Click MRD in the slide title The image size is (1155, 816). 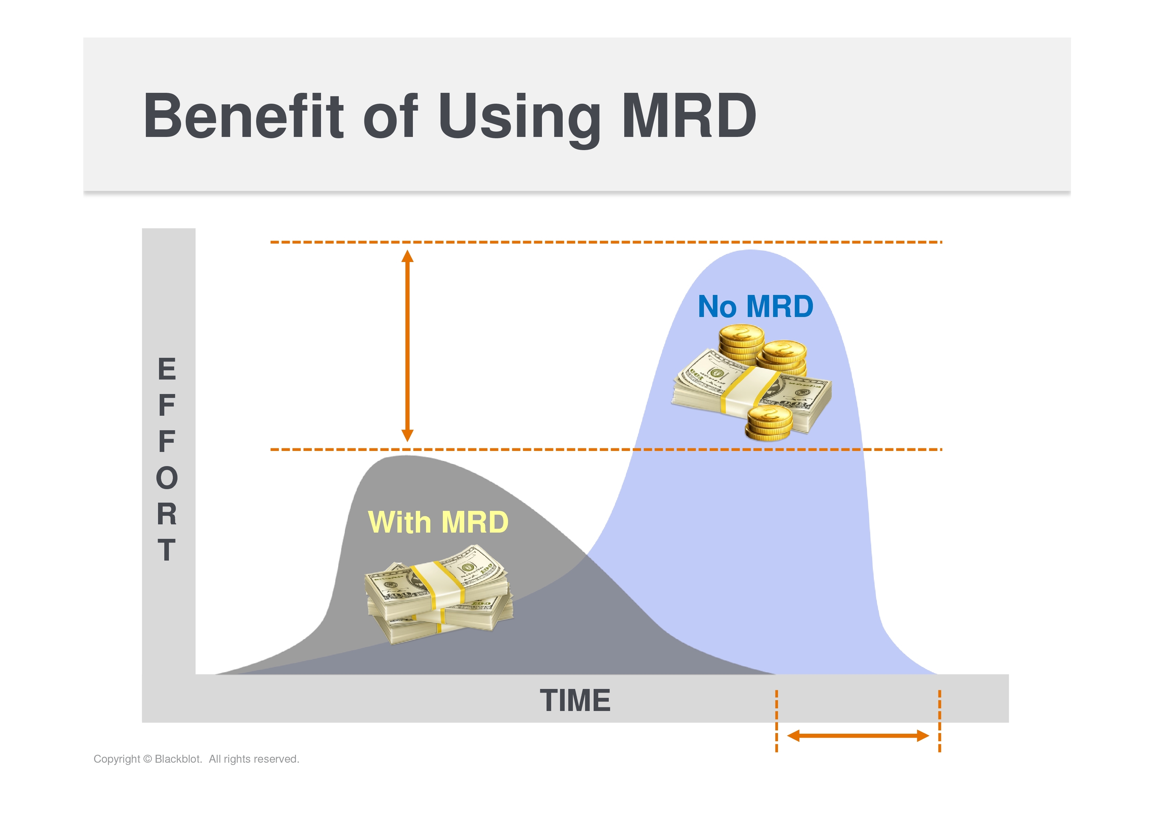pyautogui.click(x=689, y=116)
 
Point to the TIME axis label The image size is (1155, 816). pyautogui.click(x=575, y=700)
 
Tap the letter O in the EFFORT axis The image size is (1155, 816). pyautogui.click(x=167, y=478)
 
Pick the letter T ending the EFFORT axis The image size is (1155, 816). pyautogui.click(x=167, y=549)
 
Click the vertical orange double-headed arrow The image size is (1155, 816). pyautogui.click(x=408, y=346)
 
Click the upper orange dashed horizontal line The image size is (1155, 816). pyautogui.click(x=606, y=242)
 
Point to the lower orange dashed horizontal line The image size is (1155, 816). pyautogui.click(x=606, y=449)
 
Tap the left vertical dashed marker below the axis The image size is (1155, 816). pyautogui.click(x=777, y=721)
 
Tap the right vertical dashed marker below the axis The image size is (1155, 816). pyautogui.click(x=940, y=721)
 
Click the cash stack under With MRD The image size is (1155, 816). pyautogui.click(x=439, y=595)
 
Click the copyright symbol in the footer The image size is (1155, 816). pyautogui.click(x=148, y=759)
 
